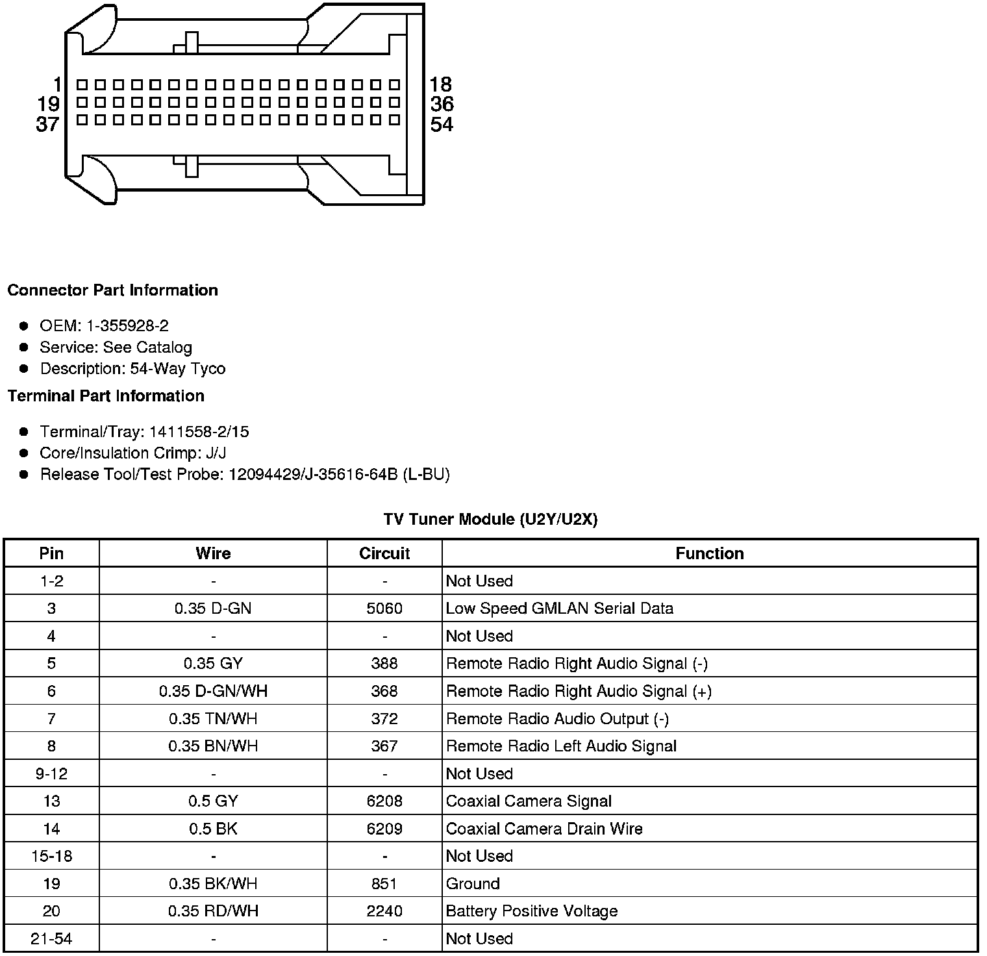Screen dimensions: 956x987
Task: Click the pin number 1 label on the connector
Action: point(57,84)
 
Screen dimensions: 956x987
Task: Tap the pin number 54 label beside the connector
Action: point(442,124)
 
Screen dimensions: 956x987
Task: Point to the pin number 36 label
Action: point(442,104)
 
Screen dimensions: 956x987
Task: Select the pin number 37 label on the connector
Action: point(47,124)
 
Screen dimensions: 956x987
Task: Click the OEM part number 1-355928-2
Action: point(127,326)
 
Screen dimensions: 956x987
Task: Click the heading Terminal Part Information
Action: point(106,396)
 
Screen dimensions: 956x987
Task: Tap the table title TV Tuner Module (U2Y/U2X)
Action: point(490,520)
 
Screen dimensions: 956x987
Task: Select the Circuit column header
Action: point(384,553)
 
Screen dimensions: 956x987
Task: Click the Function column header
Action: point(710,553)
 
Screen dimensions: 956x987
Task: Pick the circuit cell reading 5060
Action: point(384,609)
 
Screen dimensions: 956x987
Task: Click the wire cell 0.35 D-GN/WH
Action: point(213,691)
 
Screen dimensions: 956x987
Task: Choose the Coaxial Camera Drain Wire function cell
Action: point(544,829)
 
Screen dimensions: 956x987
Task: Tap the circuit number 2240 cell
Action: point(384,911)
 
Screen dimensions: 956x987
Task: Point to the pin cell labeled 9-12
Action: point(51,774)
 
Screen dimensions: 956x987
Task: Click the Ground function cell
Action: point(473,884)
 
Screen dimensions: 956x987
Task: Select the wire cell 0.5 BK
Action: point(213,829)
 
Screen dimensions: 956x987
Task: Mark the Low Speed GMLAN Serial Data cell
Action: point(560,609)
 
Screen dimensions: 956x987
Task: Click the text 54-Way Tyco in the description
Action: point(178,369)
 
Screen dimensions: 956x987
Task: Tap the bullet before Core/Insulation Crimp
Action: point(24,453)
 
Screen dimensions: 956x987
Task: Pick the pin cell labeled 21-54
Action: point(51,938)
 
